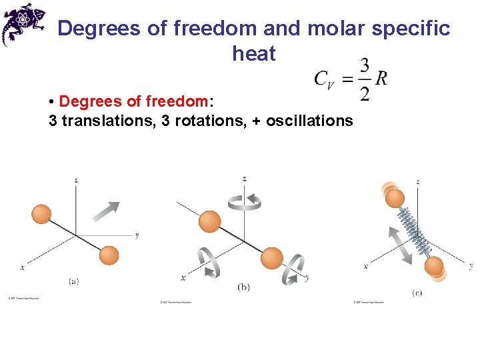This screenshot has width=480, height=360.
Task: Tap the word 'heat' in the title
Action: (254, 54)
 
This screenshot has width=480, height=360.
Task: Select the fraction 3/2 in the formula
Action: (365, 79)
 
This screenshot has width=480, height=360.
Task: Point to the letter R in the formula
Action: (381, 79)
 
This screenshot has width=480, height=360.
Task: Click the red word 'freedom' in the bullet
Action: (175, 101)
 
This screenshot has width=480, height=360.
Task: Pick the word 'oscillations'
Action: (309, 121)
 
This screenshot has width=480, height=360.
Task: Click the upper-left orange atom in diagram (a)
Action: (41, 214)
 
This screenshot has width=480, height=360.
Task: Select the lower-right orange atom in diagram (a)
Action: (108, 255)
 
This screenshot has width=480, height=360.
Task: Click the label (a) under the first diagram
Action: (74, 281)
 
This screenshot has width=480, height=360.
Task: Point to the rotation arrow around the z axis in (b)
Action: (244, 200)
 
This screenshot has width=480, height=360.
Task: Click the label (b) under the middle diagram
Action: (243, 287)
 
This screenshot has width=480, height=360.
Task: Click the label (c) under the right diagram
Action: (417, 293)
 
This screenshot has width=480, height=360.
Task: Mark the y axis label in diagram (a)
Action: (136, 235)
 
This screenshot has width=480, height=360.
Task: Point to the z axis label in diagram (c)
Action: (417, 181)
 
